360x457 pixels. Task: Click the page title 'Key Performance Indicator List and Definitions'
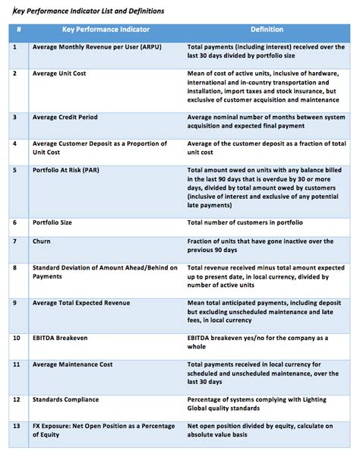click(88, 11)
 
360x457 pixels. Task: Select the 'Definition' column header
click(267, 30)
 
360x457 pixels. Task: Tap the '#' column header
click(18, 30)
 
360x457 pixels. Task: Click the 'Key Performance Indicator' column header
click(106, 30)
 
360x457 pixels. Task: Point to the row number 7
click(16, 241)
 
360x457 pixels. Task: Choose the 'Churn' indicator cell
click(43, 241)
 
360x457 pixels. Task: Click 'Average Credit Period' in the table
click(68, 118)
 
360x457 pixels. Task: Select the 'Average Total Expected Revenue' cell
click(81, 303)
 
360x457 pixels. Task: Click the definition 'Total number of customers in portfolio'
click(245, 222)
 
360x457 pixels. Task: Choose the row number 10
click(17, 336)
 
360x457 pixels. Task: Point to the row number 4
click(16, 143)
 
